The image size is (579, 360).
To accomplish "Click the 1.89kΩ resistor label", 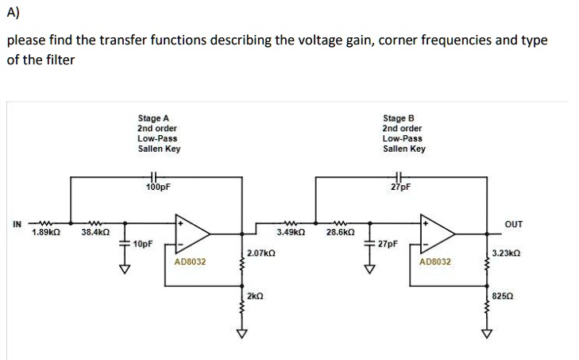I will (44, 233).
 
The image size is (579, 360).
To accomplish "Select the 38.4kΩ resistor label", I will (95, 233).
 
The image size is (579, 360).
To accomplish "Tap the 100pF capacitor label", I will (158, 188).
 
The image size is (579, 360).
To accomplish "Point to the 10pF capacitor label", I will (144, 243).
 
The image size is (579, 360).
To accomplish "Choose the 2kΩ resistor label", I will (255, 296).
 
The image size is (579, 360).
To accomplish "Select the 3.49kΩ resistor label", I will (290, 233).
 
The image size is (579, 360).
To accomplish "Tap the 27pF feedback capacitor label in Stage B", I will (400, 188).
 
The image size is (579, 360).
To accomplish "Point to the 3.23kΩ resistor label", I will (506, 253).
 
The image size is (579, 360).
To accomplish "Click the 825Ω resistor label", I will (502, 295).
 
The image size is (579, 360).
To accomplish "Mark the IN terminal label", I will (17, 223).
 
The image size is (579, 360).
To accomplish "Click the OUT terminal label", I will (514, 224).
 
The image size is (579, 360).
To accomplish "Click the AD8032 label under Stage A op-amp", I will (190, 261).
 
